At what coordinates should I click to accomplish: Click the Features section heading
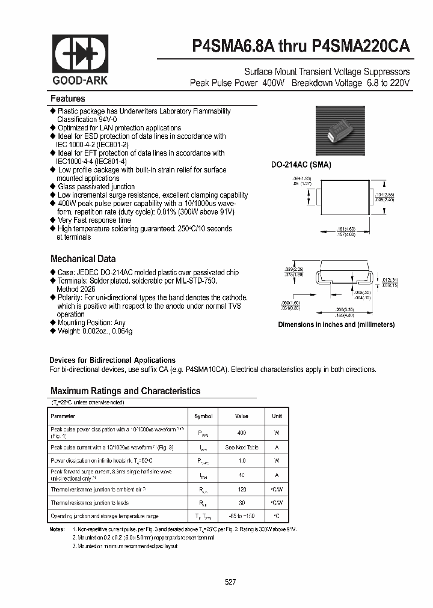68,99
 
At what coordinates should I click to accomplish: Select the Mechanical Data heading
83,259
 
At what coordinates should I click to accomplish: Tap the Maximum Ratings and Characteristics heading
125,391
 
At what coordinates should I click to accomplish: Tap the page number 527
230,582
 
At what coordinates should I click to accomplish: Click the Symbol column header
203,416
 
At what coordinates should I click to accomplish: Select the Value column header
241,416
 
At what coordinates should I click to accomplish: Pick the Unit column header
277,416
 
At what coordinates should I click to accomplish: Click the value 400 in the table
241,433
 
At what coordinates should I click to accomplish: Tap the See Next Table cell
241,448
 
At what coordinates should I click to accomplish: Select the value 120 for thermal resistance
241,490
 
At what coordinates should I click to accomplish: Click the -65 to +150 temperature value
241,516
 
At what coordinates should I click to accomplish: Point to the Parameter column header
63,416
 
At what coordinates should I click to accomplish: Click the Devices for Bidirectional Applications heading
112,360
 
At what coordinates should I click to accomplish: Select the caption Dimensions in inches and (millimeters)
336,324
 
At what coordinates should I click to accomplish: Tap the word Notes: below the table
58,529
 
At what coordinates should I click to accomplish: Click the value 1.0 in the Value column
241,461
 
